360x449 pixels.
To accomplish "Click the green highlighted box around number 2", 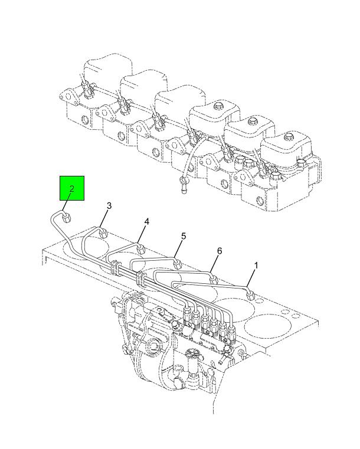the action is [71, 188].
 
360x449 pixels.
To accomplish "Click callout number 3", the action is [109, 205].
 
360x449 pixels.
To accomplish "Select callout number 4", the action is [146, 221].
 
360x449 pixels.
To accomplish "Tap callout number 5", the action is [184, 236].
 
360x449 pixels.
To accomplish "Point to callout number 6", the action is [220, 251].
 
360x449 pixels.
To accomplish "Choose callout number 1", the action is [256, 266].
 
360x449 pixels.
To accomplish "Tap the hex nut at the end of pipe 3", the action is [103, 234].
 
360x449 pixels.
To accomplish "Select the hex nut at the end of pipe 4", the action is [140, 248].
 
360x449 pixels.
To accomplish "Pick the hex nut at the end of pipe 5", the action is [178, 264].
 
